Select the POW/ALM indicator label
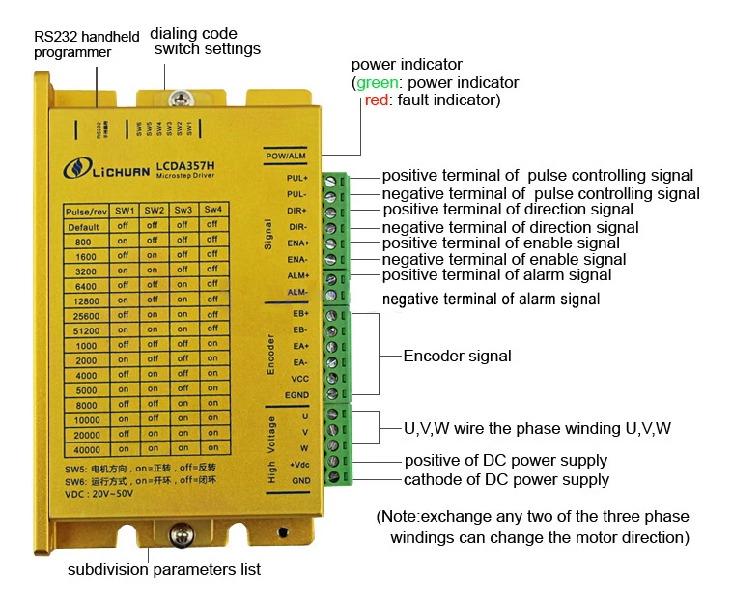tap(286, 157)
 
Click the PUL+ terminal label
tap(297, 179)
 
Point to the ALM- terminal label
tap(297, 292)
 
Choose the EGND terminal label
tap(298, 394)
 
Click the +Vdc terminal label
tap(298, 464)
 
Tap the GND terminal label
tap(300, 480)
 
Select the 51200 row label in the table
tap(85, 330)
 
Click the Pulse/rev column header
tap(85, 211)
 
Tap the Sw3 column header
tap(183, 211)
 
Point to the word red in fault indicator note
tap(376, 100)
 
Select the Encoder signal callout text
tap(457, 356)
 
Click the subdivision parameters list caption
tap(164, 569)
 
